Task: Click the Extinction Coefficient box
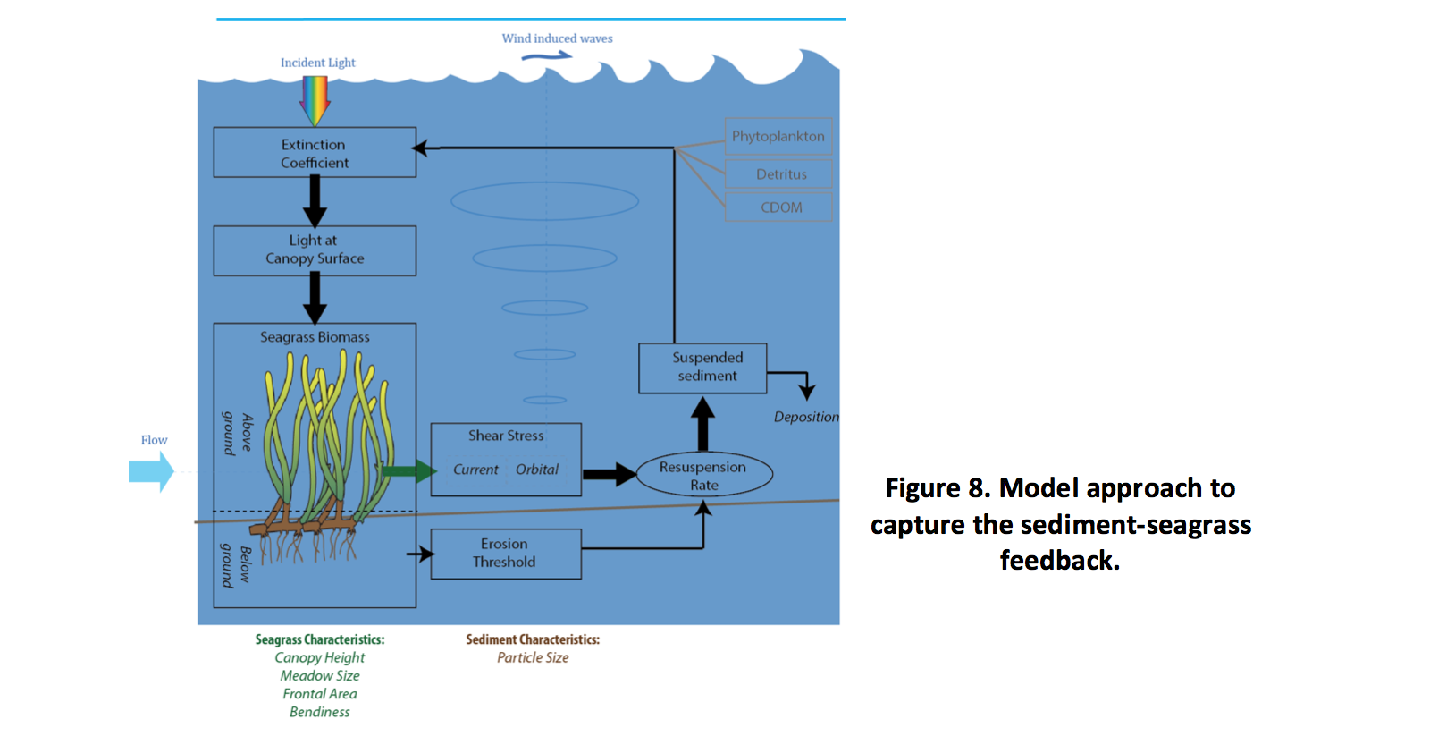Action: click(x=315, y=153)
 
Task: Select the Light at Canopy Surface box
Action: click(x=315, y=250)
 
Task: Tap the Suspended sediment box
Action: click(x=703, y=368)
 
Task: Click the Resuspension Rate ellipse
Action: click(x=703, y=475)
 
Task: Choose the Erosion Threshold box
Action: click(x=506, y=554)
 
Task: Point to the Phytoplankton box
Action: click(x=778, y=136)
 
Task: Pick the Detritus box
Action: click(x=778, y=174)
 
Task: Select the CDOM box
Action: click(x=778, y=207)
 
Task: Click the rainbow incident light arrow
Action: click(x=315, y=99)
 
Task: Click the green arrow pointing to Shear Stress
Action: click(x=408, y=470)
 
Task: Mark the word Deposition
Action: click(x=806, y=417)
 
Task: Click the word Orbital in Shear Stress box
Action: click(x=537, y=470)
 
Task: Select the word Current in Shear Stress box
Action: click(x=475, y=470)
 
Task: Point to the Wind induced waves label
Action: click(x=557, y=38)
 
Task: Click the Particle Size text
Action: click(x=533, y=657)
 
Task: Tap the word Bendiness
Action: click(x=320, y=712)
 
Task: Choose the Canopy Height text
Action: click(x=320, y=657)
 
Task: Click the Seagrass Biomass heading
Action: click(x=315, y=337)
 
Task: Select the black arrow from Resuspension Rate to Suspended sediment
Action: click(x=703, y=424)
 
